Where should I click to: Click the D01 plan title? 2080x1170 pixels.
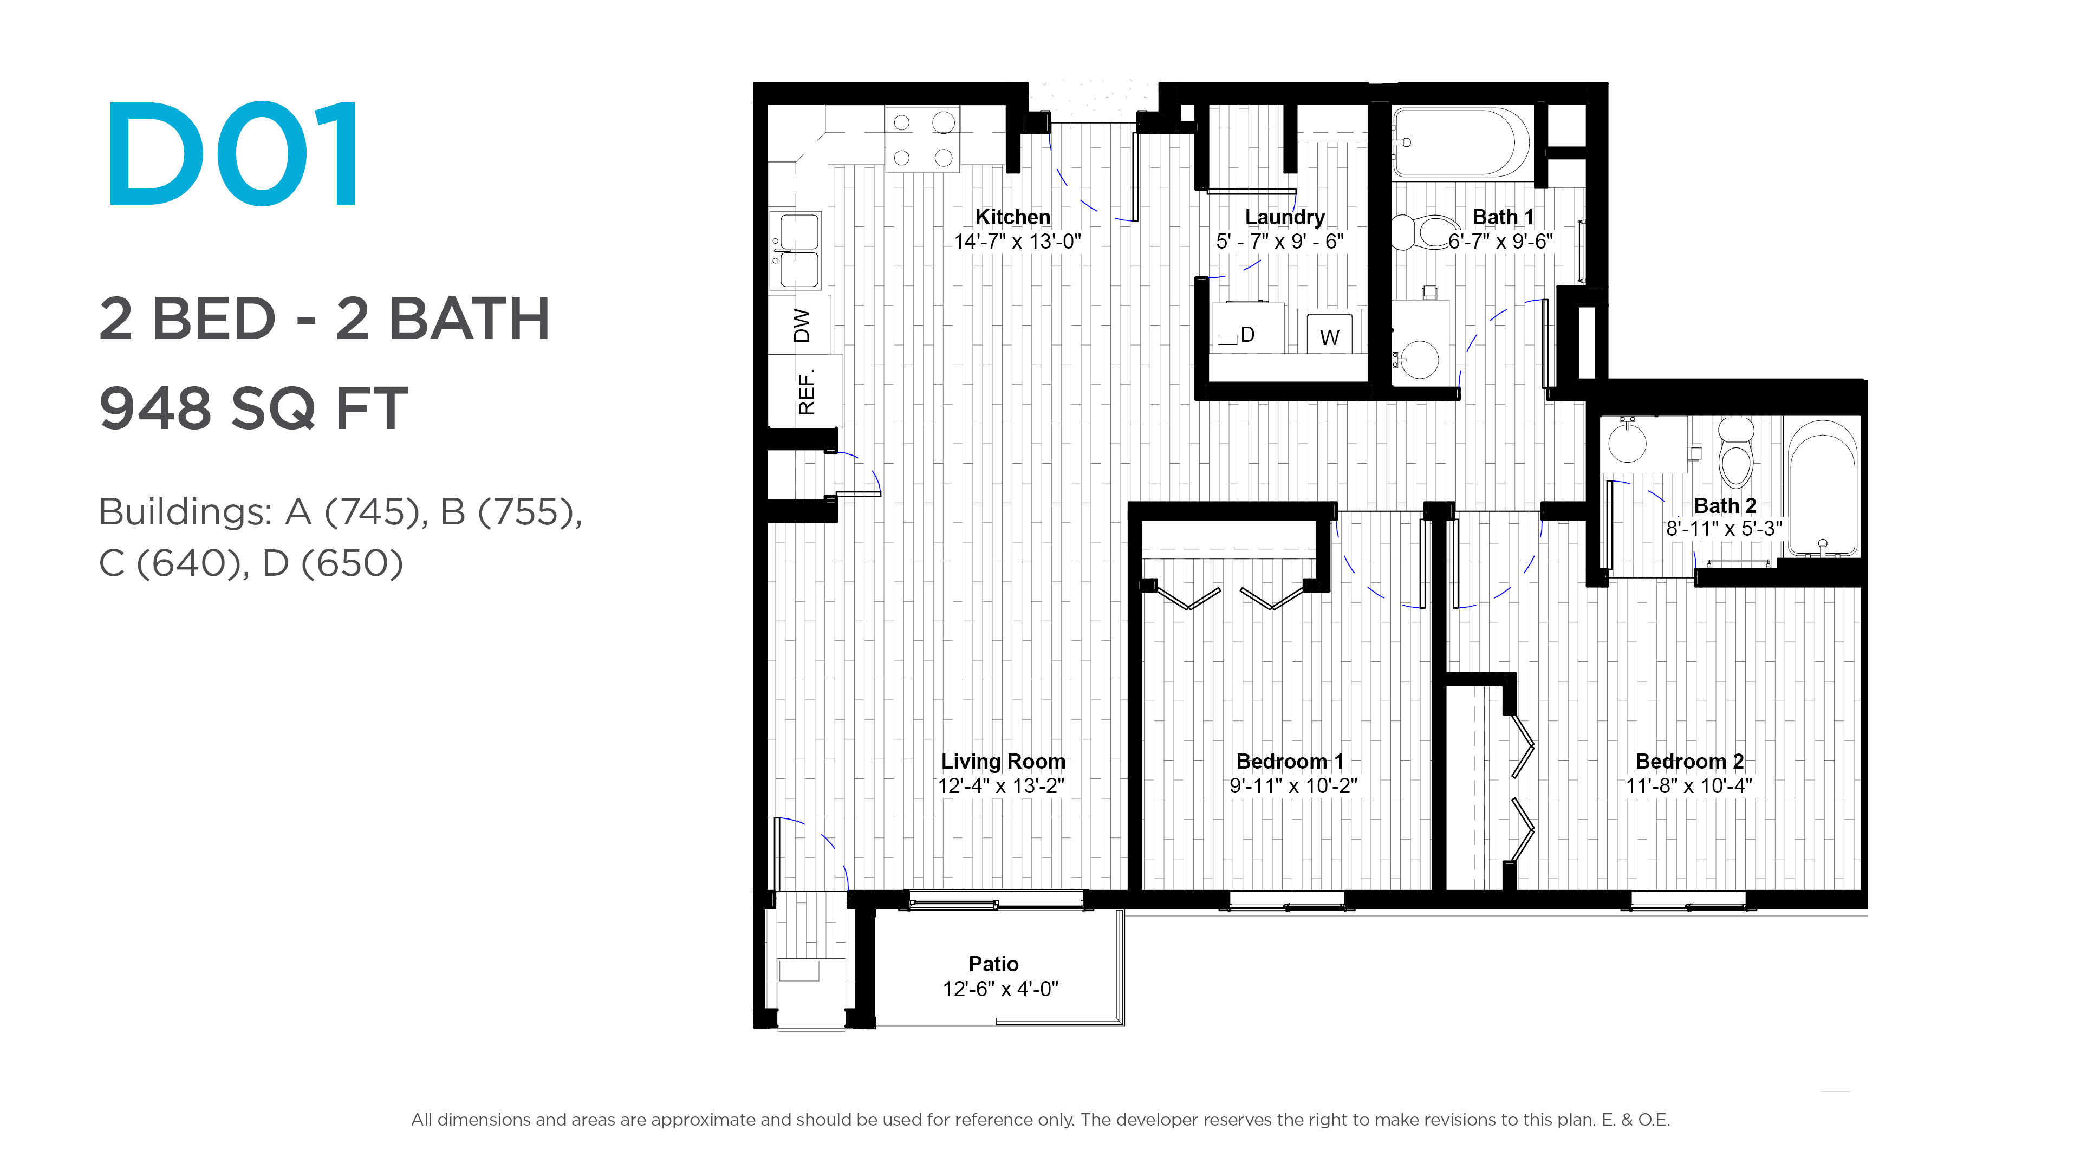pos(232,153)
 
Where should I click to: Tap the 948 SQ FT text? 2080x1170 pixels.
pos(253,408)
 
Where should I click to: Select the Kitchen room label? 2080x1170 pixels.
pos(1012,217)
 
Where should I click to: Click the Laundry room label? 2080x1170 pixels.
pos(1285,217)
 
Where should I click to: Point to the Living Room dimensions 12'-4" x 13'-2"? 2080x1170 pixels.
pos(1001,785)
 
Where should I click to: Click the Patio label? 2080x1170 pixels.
pos(993,964)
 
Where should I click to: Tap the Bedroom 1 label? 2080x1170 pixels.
pos(1290,762)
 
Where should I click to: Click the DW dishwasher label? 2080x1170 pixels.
pos(801,326)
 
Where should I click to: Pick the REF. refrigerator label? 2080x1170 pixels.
pos(806,392)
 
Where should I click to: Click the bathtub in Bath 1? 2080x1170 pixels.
pos(1460,143)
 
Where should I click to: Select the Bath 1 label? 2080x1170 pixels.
pos(1503,217)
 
